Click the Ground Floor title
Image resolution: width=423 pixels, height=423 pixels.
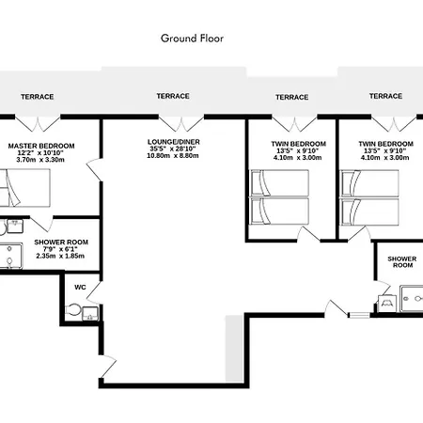click(192, 39)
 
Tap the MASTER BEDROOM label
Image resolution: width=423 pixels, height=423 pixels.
click(41, 146)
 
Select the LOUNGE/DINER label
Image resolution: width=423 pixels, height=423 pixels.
click(174, 142)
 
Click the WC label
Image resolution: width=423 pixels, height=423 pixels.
click(80, 288)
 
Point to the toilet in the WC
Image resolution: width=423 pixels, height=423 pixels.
click(73, 310)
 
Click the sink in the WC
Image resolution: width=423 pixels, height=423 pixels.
click(90, 314)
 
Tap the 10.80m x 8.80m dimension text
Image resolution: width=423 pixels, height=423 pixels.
click(173, 156)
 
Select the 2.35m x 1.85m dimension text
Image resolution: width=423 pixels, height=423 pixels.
click(60, 256)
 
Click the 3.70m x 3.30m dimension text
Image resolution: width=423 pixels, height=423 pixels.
click(40, 160)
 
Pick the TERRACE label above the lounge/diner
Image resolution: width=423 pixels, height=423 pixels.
click(173, 96)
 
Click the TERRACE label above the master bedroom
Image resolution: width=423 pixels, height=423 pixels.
click(38, 97)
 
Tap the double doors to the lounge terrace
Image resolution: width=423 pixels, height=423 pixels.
click(181, 123)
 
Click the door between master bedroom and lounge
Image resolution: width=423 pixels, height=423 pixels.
click(94, 170)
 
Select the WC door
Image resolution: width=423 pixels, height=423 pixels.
click(94, 292)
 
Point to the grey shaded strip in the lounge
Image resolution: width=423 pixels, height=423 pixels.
click(234, 349)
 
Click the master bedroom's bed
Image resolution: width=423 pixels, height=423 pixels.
click(25, 188)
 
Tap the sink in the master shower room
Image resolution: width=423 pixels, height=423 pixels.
click(15, 227)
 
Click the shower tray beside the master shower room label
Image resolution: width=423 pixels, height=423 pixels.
click(10, 256)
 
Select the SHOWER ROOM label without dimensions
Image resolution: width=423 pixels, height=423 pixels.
click(402, 262)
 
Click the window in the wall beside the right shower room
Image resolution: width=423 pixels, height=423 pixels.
click(359, 315)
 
